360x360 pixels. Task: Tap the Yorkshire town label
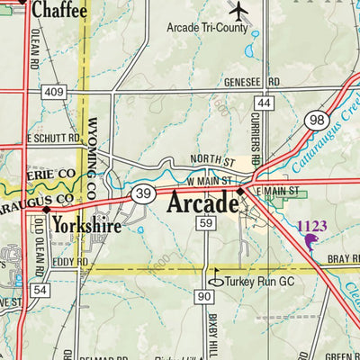coord(86,223)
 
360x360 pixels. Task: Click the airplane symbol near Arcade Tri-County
coord(238,10)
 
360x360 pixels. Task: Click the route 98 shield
coord(315,119)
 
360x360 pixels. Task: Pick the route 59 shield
coord(206,222)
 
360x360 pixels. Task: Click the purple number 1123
coord(311,227)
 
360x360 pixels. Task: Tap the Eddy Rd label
coord(70,262)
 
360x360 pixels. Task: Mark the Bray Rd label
coord(343,257)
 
